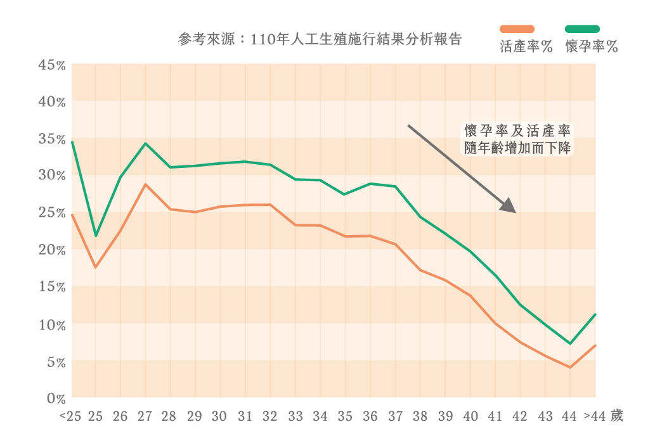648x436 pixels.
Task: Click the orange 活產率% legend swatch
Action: (x=517, y=29)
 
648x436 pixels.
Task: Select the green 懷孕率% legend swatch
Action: (x=582, y=29)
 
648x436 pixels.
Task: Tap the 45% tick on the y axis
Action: (x=52, y=65)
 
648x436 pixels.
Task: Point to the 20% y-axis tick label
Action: (x=52, y=250)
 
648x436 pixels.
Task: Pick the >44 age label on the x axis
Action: (x=595, y=416)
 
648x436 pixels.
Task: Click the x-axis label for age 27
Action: (x=145, y=416)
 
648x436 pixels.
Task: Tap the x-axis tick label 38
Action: (x=420, y=416)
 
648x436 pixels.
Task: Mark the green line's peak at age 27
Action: (x=145, y=143)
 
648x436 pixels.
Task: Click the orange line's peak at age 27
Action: (x=145, y=184)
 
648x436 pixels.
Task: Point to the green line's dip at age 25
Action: (x=96, y=236)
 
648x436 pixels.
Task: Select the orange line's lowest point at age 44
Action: (x=571, y=367)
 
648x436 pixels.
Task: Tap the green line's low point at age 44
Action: (x=571, y=343)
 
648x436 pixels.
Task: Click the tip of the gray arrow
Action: (x=514, y=211)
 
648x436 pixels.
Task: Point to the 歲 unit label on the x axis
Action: (x=616, y=416)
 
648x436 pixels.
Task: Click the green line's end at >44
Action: (x=595, y=314)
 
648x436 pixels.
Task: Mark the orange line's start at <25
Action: (x=72, y=215)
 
